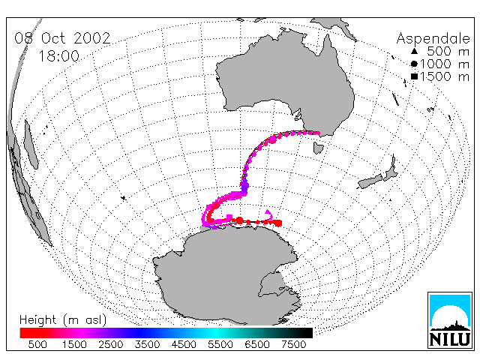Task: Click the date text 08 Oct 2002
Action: tap(62, 38)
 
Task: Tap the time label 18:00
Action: tap(58, 56)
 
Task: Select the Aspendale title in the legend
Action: tap(433, 39)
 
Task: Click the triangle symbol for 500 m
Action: tap(414, 51)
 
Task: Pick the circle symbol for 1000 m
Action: tap(414, 64)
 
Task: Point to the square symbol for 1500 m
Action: tap(414, 76)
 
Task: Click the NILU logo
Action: tap(450, 320)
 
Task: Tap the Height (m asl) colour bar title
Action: tap(63, 320)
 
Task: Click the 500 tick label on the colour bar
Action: tap(37, 345)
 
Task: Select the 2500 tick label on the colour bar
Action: tap(111, 345)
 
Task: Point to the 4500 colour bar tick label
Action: tap(184, 345)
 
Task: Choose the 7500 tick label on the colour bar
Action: tap(293, 345)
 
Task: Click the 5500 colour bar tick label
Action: tap(220, 345)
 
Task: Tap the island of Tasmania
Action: tap(318, 148)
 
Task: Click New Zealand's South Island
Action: tap(370, 181)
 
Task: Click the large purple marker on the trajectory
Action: tap(244, 185)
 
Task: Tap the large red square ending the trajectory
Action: tap(278, 223)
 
